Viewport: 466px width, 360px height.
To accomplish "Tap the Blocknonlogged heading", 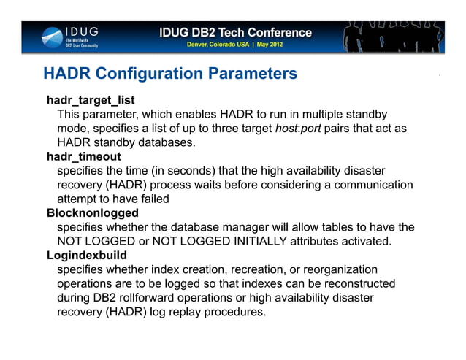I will click(x=92, y=213).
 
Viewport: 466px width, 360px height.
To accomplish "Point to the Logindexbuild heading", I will click(x=86, y=256).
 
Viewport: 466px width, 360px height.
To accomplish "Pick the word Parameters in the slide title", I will click(x=253, y=74).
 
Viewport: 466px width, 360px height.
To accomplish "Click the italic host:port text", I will click(x=299, y=128).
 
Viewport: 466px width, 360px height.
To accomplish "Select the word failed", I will click(x=152, y=199).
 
